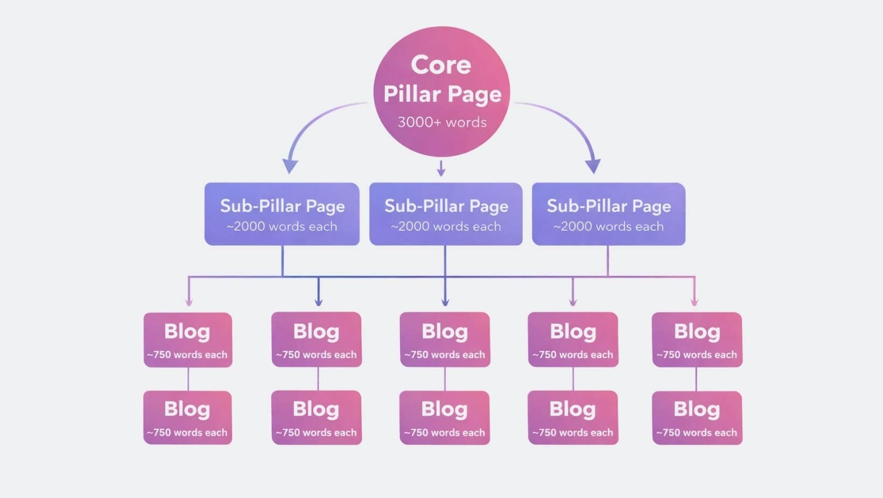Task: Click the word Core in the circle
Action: tap(440, 65)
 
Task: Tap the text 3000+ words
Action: tap(441, 122)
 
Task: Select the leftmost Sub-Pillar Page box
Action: tap(282, 214)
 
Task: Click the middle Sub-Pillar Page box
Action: tap(445, 214)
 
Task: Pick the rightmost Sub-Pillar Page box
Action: tap(608, 214)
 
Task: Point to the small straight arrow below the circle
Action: tap(441, 168)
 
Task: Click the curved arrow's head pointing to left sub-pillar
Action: tap(290, 165)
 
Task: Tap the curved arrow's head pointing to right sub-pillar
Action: tap(593, 165)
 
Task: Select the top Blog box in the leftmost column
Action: tap(187, 340)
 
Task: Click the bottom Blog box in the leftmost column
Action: tap(187, 418)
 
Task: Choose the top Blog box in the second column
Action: tap(316, 340)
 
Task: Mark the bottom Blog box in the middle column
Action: tap(444, 418)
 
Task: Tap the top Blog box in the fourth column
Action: tap(572, 340)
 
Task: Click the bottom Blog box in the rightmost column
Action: tap(697, 418)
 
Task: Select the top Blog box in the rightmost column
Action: tap(697, 340)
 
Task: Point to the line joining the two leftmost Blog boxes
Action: tap(188, 379)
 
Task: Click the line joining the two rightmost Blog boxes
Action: tap(696, 379)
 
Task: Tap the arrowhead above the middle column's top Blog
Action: tap(445, 302)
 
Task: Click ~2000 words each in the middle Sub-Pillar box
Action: tap(446, 227)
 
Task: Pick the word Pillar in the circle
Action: tap(412, 94)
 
